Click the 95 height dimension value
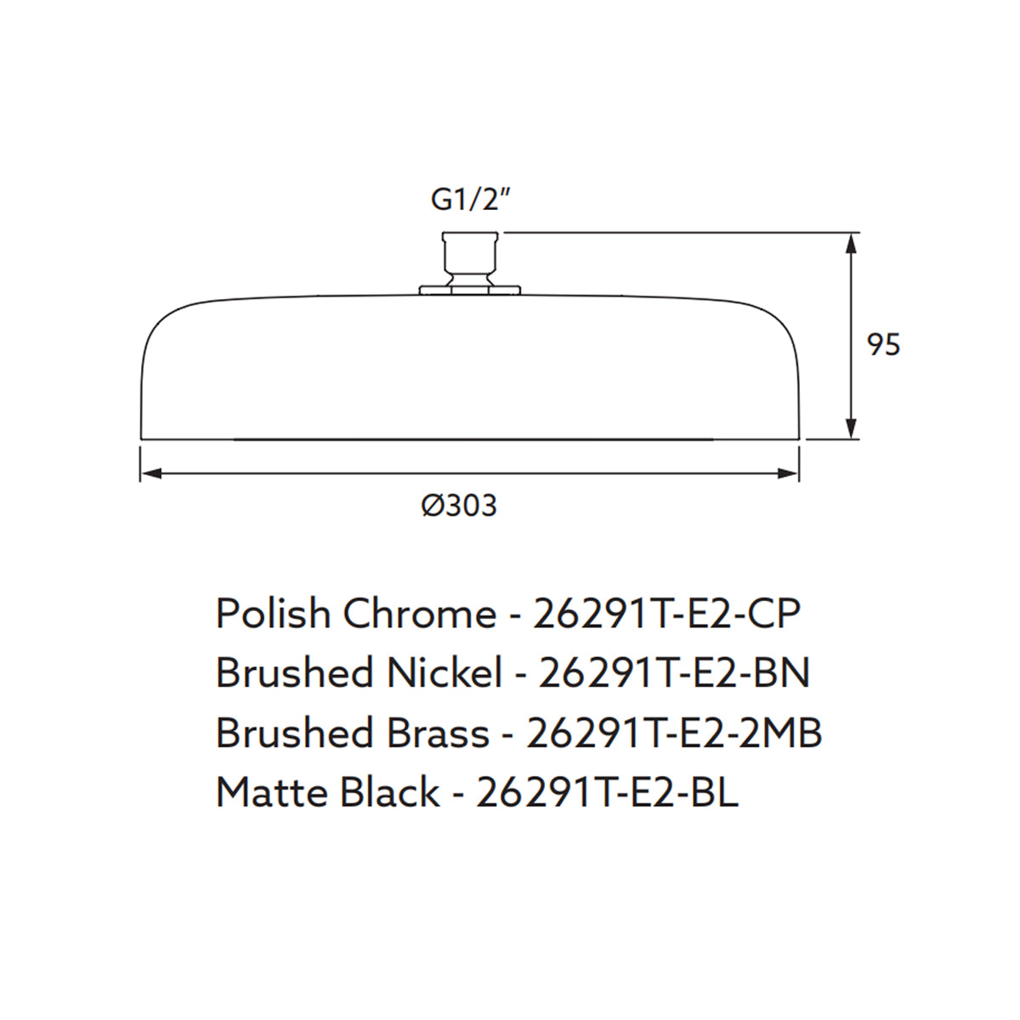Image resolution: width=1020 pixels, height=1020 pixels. tap(883, 345)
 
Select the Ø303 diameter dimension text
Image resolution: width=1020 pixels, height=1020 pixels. tap(459, 506)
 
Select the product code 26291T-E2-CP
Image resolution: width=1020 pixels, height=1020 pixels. tap(666, 614)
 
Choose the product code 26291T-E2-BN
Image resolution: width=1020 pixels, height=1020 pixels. tap(674, 673)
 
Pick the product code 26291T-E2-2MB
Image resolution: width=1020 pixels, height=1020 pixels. tap(674, 733)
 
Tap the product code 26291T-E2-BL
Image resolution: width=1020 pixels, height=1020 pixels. tap(607, 793)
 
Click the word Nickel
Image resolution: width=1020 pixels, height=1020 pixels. tap(445, 673)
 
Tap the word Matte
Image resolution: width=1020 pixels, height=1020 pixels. tap(271, 793)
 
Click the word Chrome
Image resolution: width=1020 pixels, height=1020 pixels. tap(419, 614)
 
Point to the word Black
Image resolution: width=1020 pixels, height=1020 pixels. tap(388, 793)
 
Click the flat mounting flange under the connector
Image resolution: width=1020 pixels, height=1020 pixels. tap(470, 291)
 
